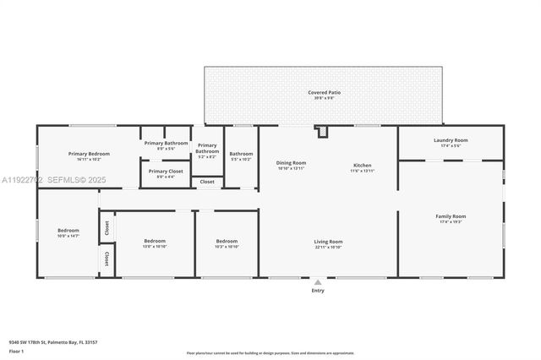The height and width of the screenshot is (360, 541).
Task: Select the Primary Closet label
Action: pyautogui.click(x=166, y=172)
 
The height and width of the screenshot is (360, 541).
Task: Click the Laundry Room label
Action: pyautogui.click(x=450, y=141)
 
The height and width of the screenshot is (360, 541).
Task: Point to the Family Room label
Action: pyautogui.click(x=450, y=217)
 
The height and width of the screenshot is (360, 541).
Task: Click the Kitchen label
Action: pyautogui.click(x=362, y=165)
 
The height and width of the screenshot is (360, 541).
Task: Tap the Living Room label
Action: pyautogui.click(x=328, y=243)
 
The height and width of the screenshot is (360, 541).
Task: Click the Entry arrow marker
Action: pyautogui.click(x=318, y=282)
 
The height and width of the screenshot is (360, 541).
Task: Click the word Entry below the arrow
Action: pyautogui.click(x=318, y=291)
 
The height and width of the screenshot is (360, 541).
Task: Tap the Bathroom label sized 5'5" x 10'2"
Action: pyautogui.click(x=241, y=155)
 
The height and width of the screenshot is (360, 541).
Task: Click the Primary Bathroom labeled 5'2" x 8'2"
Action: pyautogui.click(x=207, y=150)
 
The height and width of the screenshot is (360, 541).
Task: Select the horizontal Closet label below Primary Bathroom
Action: pyautogui.click(x=207, y=182)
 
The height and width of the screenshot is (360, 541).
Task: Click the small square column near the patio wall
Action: pyautogui.click(x=322, y=131)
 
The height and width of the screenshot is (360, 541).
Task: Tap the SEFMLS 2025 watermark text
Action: pyautogui.click(x=52, y=179)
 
